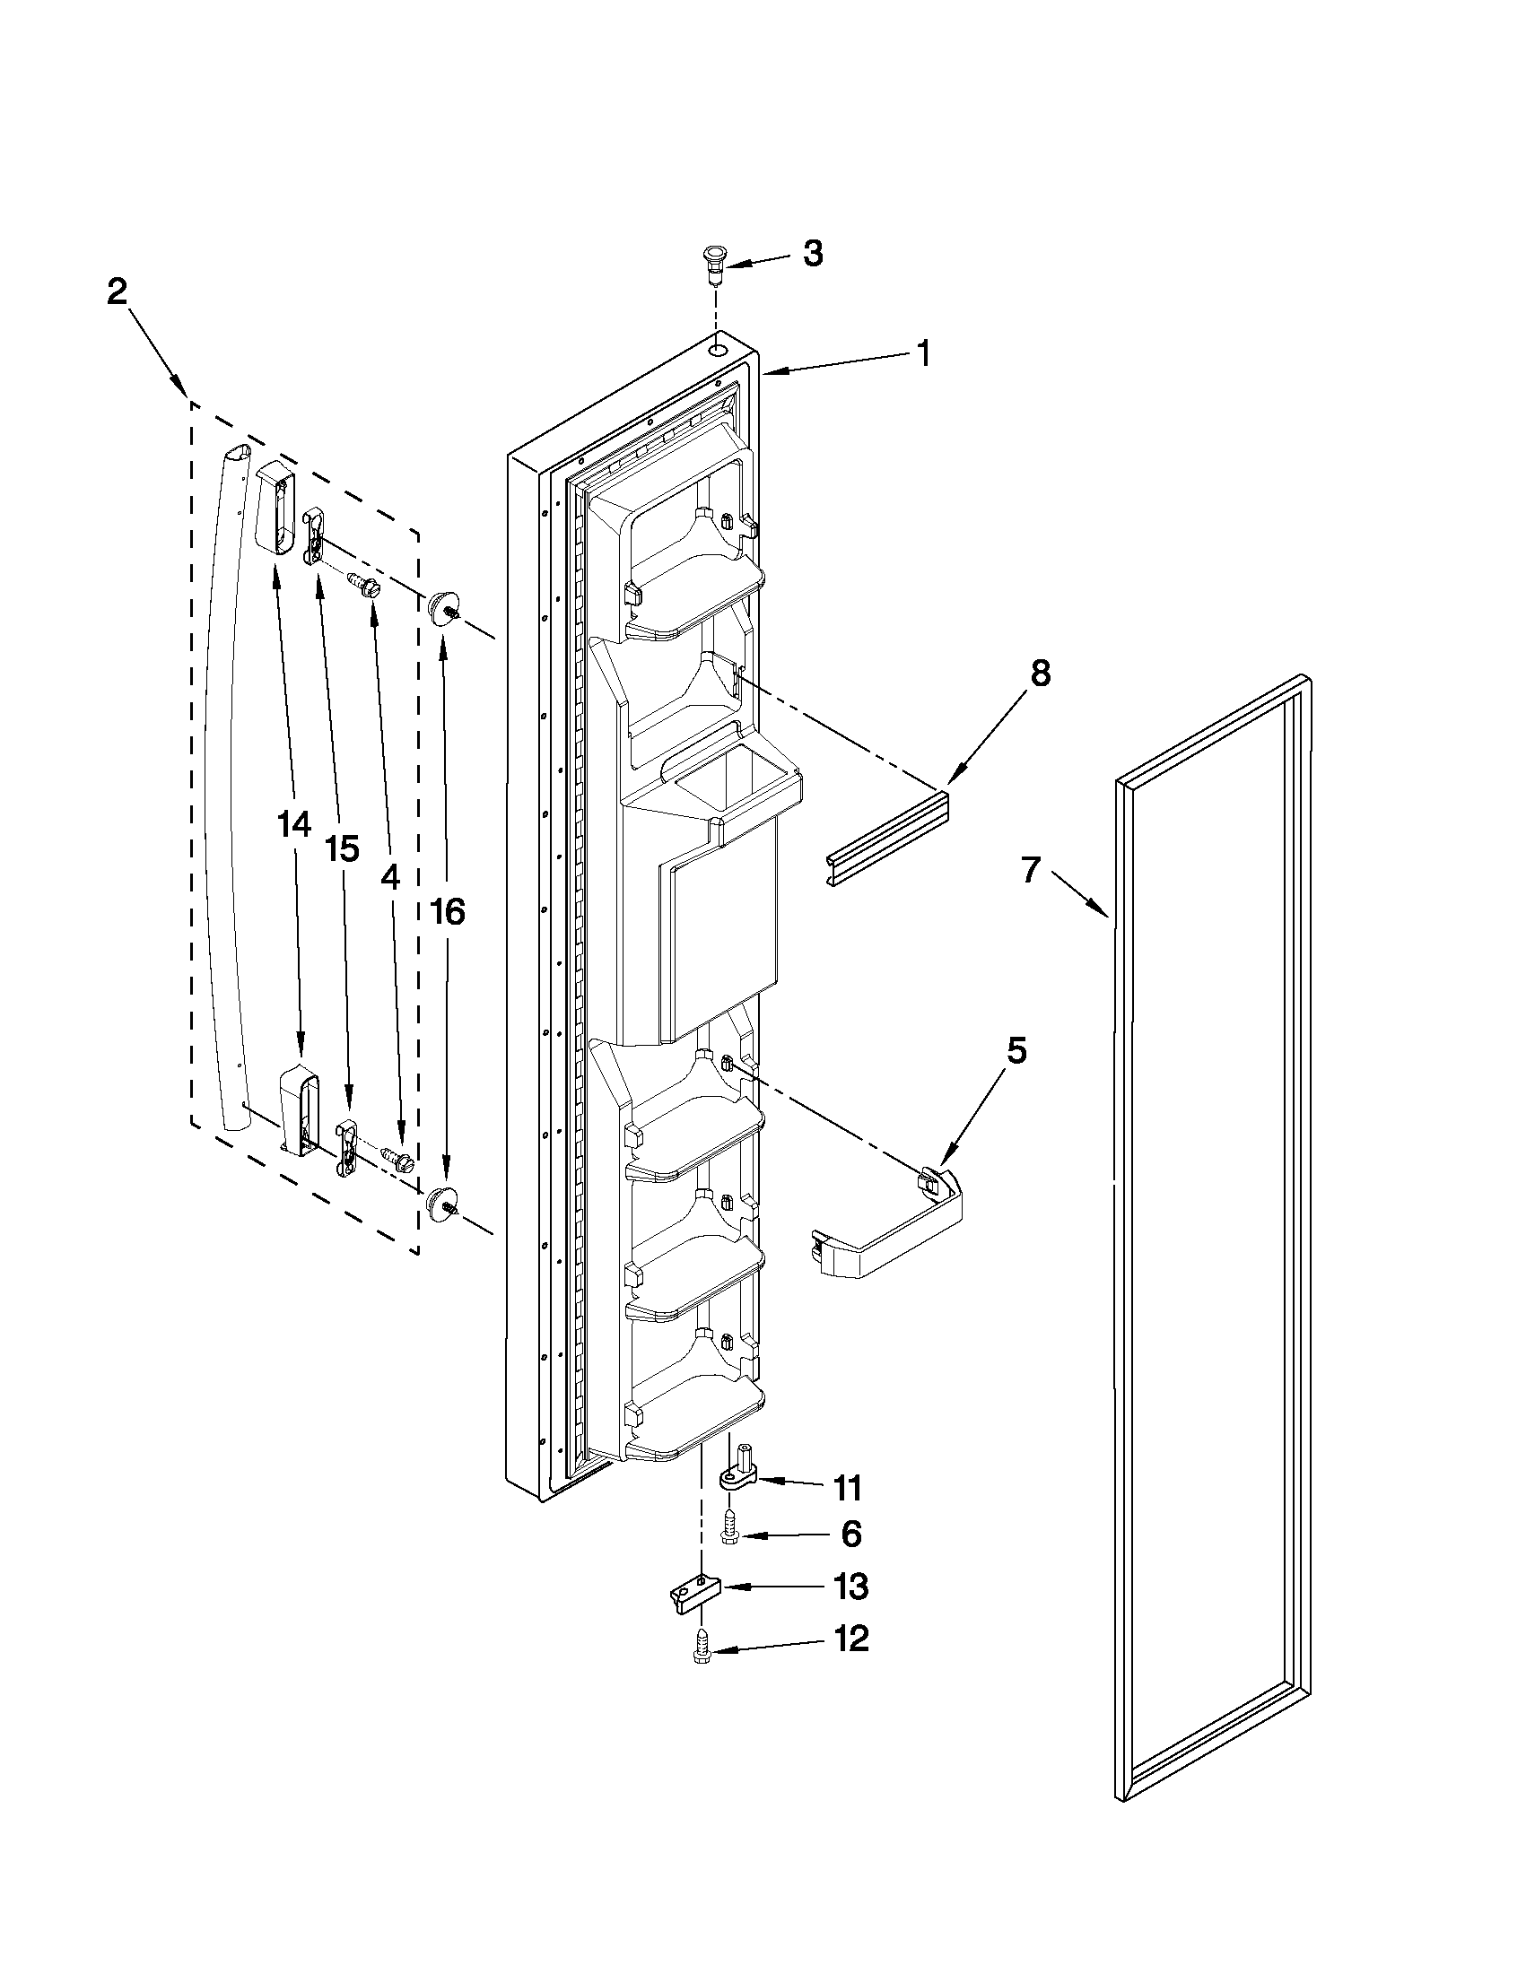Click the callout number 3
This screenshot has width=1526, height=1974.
coord(813,254)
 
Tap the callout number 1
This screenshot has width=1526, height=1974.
coord(922,352)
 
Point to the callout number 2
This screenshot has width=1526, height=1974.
coord(118,292)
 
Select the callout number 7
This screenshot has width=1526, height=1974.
coord(1031,870)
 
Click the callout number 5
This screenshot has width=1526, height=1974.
coord(1017,1051)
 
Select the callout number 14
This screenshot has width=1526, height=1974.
coord(294,824)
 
